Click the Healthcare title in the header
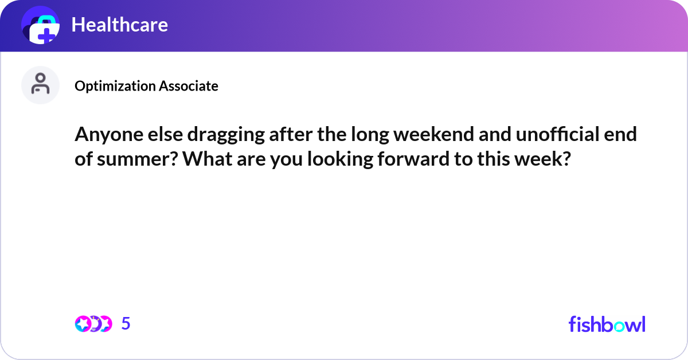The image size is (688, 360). tap(119, 25)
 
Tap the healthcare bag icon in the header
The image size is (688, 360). tap(41, 25)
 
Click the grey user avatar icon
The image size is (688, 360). tap(40, 85)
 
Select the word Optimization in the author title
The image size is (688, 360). tap(115, 86)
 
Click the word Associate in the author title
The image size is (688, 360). tap(188, 86)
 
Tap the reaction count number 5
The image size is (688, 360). tap(126, 324)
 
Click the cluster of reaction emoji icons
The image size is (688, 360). tap(93, 324)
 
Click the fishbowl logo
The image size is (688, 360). tap(607, 324)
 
